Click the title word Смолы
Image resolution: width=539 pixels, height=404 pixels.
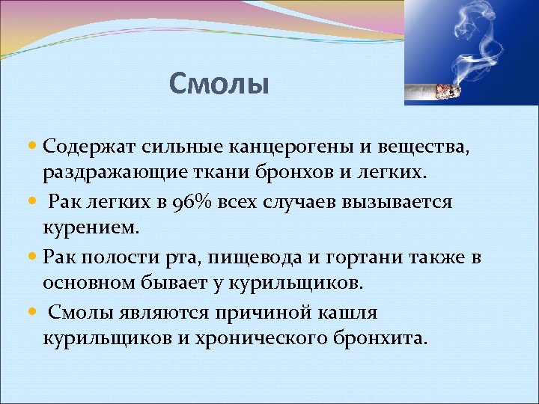218,84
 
